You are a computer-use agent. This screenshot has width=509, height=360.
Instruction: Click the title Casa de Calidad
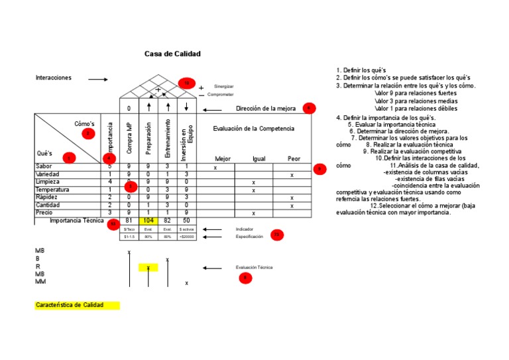pyautogui.click(x=172, y=54)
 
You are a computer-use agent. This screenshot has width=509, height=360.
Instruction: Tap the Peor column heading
pyautogui.click(x=294, y=159)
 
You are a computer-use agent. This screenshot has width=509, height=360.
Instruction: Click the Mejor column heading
pyautogui.click(x=223, y=159)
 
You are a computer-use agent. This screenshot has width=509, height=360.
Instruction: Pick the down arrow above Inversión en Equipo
pyautogui.click(x=187, y=107)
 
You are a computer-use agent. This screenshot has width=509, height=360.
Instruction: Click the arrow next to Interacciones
pyautogui.click(x=97, y=80)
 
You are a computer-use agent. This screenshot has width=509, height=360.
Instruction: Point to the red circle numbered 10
pyautogui.click(x=186, y=84)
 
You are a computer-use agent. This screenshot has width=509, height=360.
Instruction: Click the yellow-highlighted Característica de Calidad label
pyautogui.click(x=77, y=305)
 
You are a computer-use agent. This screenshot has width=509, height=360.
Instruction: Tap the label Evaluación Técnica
pyautogui.click(x=254, y=267)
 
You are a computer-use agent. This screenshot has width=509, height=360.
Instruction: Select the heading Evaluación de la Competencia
pyautogui.click(x=253, y=128)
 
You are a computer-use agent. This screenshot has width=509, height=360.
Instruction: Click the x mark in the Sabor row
pyautogui.click(x=215, y=168)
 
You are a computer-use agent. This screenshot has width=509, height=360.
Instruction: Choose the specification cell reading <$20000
pyautogui.click(x=186, y=237)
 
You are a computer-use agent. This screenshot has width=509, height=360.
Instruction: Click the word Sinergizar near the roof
pyautogui.click(x=223, y=87)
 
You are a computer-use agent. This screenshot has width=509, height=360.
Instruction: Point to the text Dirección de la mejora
pyautogui.click(x=266, y=108)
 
